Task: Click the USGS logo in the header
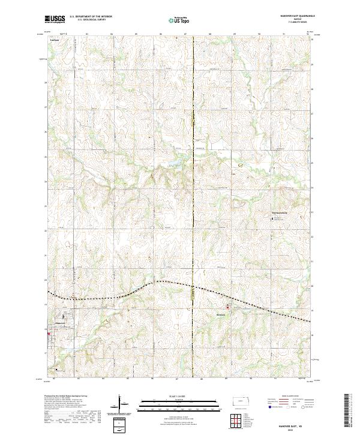coord(55,19)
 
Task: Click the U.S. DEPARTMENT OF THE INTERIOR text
coord(91,16)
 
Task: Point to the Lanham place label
coord(55,42)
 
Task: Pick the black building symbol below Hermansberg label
coord(274,218)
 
